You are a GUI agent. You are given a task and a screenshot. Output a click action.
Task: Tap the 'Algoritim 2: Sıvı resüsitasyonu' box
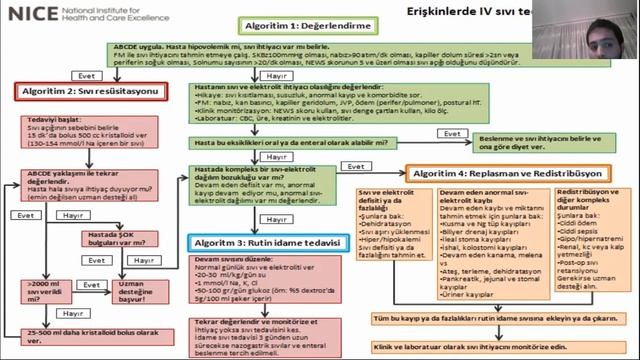(x=83, y=91)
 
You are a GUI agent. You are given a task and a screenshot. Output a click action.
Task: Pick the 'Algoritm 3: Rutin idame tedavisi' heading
(x=251, y=243)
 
